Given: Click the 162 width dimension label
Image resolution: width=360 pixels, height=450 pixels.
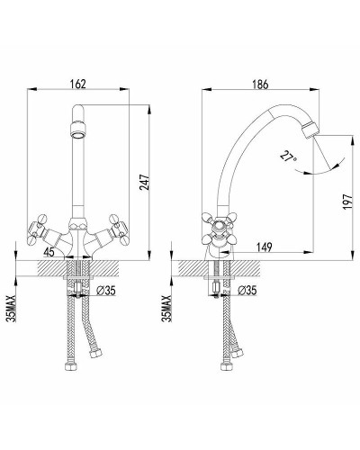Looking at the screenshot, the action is click(x=77, y=84).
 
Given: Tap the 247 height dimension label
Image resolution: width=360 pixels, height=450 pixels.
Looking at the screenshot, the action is click(x=145, y=182).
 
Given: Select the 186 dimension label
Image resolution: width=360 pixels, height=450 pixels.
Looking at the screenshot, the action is click(x=260, y=85).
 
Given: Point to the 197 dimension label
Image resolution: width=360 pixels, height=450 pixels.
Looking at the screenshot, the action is click(x=347, y=202).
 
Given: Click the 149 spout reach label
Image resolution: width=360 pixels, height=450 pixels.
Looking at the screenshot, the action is click(x=264, y=247).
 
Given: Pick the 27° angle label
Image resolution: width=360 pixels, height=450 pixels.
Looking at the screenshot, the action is click(x=288, y=157).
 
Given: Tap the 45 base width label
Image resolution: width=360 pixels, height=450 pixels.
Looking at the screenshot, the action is click(x=49, y=252).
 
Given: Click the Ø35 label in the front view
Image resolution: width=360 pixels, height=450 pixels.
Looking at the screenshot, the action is click(x=106, y=291).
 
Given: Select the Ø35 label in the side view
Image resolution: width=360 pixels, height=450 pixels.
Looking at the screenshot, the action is click(x=247, y=291).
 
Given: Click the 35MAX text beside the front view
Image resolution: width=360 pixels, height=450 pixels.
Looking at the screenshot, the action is click(x=12, y=308).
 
